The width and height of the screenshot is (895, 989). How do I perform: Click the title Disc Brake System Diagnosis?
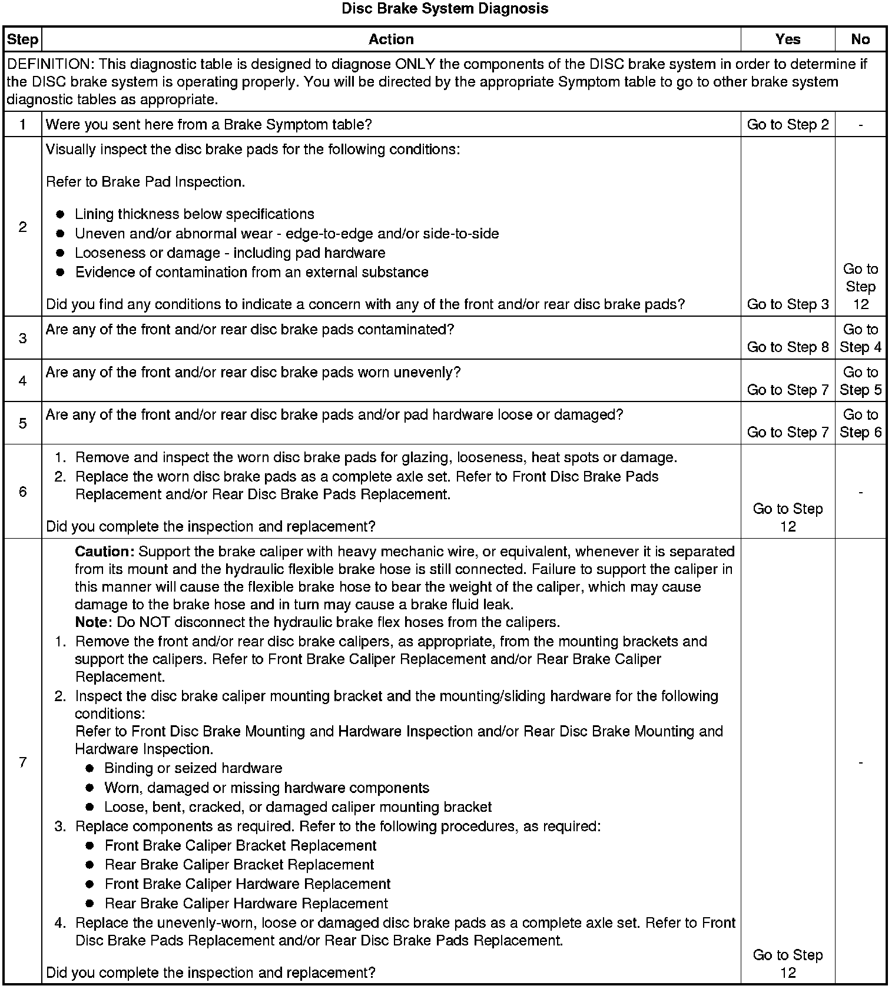(445, 9)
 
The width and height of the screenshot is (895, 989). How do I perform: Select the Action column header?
(391, 39)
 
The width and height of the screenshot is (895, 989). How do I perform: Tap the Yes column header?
(787, 39)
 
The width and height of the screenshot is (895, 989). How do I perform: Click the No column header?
(860, 39)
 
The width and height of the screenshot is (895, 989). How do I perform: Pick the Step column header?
(22, 39)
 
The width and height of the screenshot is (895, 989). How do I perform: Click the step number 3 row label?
(22, 338)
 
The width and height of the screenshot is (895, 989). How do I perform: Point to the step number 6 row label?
(22, 492)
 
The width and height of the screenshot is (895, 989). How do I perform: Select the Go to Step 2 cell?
(787, 125)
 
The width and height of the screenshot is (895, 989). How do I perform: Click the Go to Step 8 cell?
(787, 347)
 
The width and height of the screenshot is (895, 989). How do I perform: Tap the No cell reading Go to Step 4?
(860, 338)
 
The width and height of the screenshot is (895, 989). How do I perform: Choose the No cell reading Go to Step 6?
(860, 424)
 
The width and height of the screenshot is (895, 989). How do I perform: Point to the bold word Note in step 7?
(92, 622)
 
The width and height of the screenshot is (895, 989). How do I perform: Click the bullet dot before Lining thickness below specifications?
(60, 214)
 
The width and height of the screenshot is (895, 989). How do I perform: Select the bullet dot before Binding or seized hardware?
(89, 769)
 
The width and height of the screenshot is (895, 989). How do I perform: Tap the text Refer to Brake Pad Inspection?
(145, 182)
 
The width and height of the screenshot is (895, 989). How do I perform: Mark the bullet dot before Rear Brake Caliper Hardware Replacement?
(89, 904)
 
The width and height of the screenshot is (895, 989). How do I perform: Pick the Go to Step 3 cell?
(787, 304)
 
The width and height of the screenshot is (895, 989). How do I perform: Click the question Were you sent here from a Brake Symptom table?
(208, 125)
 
